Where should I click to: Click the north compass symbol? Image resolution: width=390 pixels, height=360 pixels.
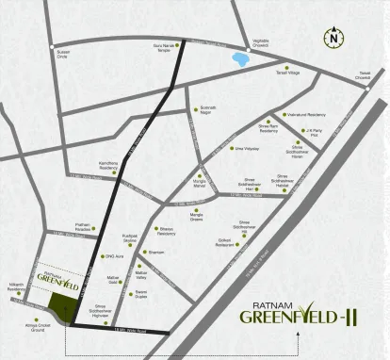(x=333, y=39)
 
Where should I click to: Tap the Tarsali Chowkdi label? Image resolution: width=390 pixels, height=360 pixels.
(x=365, y=75)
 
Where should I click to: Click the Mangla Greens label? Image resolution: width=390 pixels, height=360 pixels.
(x=197, y=218)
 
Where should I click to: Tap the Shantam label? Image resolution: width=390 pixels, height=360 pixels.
(x=156, y=253)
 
